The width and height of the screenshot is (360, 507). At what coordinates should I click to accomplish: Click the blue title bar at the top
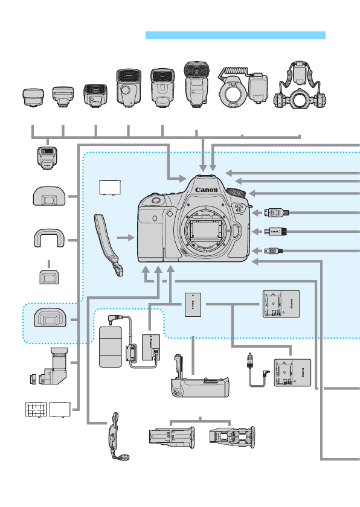click(x=236, y=36)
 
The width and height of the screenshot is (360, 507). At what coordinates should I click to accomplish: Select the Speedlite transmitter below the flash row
click(x=46, y=158)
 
